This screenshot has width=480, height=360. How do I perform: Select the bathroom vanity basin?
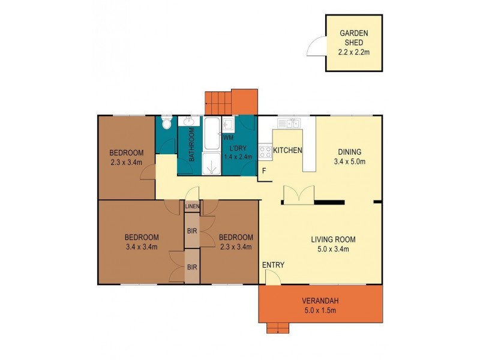(189, 122)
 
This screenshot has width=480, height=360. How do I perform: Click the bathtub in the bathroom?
(212, 134)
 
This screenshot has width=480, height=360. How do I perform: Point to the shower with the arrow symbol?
(211, 164)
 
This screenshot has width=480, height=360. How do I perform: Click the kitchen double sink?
(289, 124)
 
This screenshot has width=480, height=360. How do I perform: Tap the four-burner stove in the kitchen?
(265, 151)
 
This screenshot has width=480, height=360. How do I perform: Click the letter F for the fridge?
(263, 170)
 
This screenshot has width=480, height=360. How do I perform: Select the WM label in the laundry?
(228, 137)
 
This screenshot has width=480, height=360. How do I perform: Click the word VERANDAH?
(320, 301)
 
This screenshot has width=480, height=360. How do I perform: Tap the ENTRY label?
(273, 265)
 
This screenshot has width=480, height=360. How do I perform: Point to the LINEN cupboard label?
(191, 207)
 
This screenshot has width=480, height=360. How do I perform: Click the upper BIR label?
(191, 230)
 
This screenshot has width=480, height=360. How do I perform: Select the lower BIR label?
(191, 266)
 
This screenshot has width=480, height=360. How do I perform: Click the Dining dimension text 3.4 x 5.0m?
(349, 161)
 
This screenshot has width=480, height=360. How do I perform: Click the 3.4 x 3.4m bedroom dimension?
(142, 246)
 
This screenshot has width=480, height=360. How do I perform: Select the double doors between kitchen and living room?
(299, 196)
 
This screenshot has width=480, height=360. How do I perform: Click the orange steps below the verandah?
(278, 327)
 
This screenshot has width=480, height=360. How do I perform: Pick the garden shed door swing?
(316, 46)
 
